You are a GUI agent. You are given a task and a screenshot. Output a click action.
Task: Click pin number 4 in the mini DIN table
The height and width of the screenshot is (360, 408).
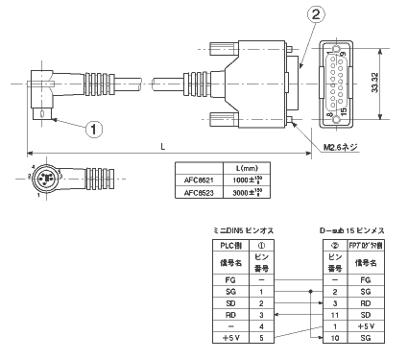point(259,325)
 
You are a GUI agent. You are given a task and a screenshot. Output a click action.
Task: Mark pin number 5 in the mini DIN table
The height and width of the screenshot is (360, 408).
point(259,338)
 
